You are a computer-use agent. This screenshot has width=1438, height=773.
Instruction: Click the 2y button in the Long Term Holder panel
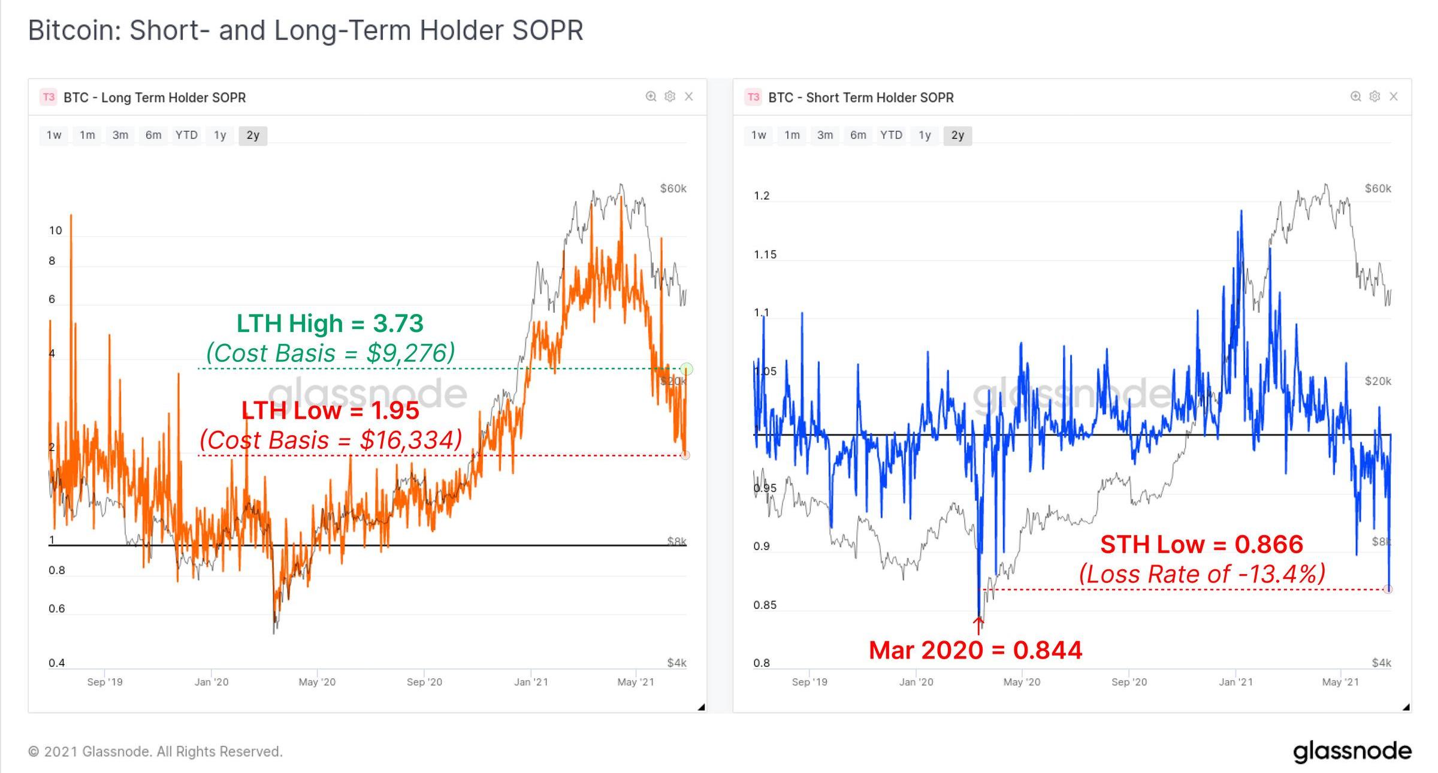coord(253,135)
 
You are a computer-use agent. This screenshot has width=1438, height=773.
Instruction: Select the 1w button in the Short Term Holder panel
coord(759,135)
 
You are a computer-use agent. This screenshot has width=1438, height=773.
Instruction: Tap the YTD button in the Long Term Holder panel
coord(186,135)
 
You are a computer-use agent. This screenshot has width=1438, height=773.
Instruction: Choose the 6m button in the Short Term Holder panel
coord(858,135)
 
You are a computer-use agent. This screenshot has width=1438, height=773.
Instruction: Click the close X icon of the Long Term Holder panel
coord(689,96)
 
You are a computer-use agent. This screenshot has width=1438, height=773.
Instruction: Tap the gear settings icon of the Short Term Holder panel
coord(1375,96)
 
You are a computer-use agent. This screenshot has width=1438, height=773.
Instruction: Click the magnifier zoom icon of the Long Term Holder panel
coord(651,96)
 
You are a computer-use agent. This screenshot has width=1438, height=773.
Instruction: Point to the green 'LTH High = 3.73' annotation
coord(330,324)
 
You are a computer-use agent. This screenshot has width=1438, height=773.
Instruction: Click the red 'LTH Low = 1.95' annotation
coord(330,410)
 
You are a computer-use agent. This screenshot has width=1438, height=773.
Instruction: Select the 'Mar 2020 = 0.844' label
coord(975,650)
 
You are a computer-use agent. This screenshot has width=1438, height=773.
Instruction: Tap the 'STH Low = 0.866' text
coord(1201,545)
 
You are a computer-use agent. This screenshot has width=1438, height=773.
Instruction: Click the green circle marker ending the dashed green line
coord(687,369)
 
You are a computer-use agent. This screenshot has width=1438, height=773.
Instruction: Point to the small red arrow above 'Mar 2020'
coord(978,626)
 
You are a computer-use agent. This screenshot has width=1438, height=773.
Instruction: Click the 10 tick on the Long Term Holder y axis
coord(56,231)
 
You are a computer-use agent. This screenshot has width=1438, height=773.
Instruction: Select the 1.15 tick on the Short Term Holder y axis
coord(765,255)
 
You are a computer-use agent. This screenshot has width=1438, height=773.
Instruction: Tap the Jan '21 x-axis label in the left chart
coord(531,682)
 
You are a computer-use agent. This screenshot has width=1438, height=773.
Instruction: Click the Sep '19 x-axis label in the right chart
coord(809,682)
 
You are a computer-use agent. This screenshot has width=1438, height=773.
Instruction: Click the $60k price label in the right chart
coord(1377,189)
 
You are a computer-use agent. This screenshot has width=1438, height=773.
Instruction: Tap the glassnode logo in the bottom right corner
coord(1352,751)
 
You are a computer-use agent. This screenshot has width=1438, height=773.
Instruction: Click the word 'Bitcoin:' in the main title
coord(74,31)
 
